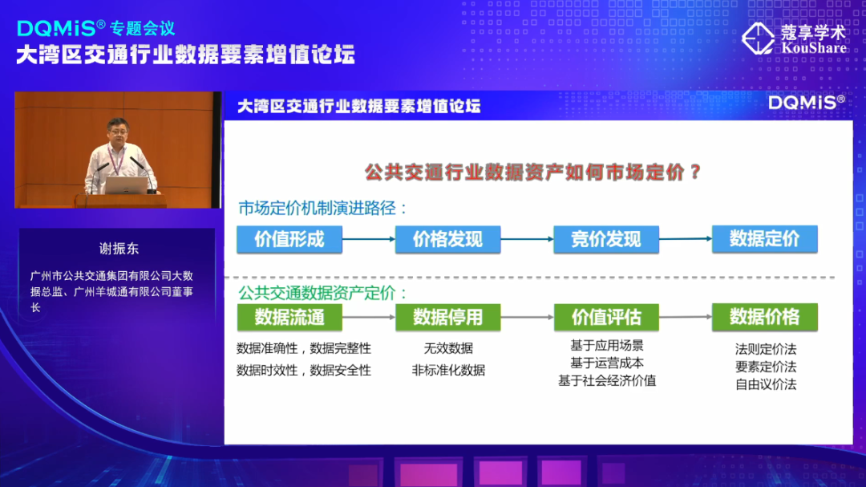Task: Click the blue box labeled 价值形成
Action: coord(289,240)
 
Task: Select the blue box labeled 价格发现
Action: coord(447,240)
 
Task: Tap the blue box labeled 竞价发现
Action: coord(605,240)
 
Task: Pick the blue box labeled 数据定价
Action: coord(764,239)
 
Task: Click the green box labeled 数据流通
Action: coord(289,318)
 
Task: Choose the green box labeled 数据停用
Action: coord(447,318)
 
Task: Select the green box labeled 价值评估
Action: coord(605,318)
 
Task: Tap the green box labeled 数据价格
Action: coord(764,317)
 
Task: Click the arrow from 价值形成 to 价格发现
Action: coord(369,239)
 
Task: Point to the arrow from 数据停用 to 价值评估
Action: coord(527,319)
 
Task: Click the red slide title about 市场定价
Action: coord(533,172)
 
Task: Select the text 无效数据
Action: coord(448,348)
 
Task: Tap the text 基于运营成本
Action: coord(606,363)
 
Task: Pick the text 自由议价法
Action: coord(765,384)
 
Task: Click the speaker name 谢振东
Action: coord(119,249)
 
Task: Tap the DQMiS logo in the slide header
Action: coord(805,103)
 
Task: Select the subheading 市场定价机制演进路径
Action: coord(323,209)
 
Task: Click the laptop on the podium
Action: coord(127,185)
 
